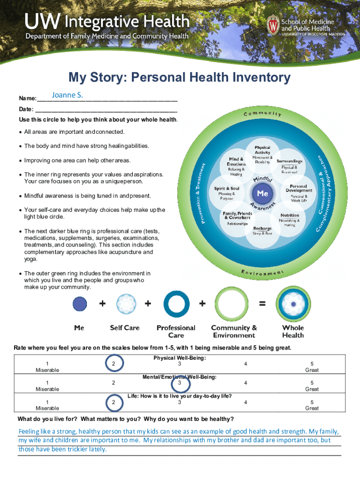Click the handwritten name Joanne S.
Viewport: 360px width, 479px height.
(x=67, y=95)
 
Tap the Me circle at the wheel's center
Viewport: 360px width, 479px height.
(x=263, y=193)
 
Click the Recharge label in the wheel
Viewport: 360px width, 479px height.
(x=263, y=229)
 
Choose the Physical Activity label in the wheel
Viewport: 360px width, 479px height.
(x=262, y=150)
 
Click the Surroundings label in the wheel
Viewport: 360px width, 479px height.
(x=289, y=161)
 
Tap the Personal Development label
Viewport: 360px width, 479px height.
(x=299, y=188)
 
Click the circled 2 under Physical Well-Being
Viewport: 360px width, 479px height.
(x=113, y=364)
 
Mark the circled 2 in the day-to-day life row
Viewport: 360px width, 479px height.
(x=113, y=402)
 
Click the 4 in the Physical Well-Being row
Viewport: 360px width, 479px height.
(x=245, y=364)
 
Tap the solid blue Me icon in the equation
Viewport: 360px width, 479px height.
(x=80, y=304)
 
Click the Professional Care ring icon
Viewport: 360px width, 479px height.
(x=176, y=304)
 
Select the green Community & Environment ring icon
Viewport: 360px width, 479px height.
(x=234, y=304)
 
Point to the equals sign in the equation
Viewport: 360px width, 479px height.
(x=262, y=304)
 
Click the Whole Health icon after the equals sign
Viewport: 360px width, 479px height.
(x=293, y=304)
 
